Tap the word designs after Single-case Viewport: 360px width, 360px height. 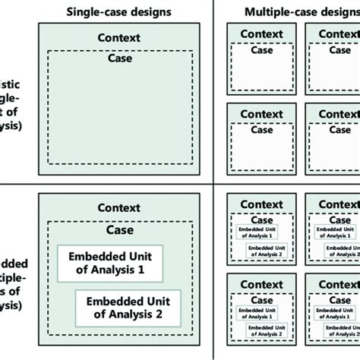(148, 11)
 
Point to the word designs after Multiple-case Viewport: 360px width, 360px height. (335, 11)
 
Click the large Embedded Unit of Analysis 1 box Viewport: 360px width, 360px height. (110, 261)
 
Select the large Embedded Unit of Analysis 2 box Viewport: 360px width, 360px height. (128, 305)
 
